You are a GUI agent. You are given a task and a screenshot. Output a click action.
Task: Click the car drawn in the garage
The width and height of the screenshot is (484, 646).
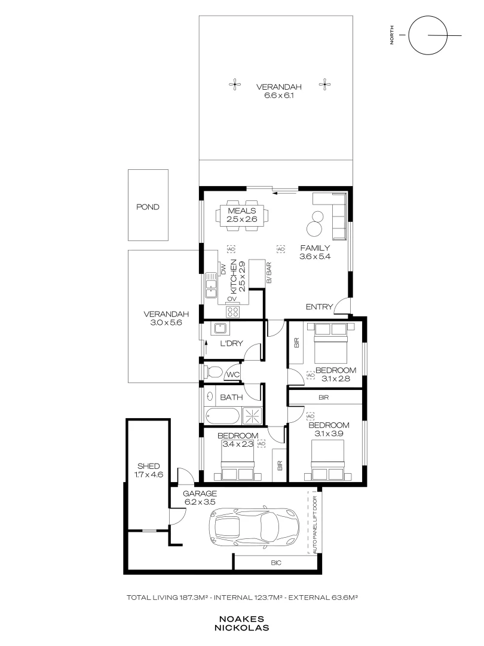(254, 528)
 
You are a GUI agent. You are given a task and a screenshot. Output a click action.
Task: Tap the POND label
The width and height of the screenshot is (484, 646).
(148, 207)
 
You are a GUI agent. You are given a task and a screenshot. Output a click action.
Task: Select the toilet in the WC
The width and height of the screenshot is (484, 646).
(212, 371)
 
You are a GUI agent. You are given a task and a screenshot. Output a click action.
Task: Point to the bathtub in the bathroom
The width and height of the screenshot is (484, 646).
(222, 416)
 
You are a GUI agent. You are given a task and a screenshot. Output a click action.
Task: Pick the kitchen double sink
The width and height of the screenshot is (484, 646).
(211, 285)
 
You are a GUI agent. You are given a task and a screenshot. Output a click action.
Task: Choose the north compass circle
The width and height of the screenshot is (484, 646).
(428, 35)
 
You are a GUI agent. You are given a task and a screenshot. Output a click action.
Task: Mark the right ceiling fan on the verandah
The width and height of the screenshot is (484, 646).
(324, 84)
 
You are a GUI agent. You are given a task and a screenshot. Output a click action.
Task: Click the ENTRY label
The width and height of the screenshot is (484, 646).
(319, 307)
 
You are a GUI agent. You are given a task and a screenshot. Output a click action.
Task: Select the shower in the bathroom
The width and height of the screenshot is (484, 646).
(251, 416)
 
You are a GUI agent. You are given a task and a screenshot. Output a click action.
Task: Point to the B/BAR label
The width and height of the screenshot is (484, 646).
(269, 272)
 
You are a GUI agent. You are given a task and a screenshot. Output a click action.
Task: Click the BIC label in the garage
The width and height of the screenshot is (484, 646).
(276, 563)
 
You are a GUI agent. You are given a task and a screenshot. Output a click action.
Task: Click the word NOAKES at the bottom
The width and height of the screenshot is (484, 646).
(241, 619)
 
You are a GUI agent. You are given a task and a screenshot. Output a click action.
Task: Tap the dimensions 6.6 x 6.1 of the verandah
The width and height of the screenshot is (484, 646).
(278, 96)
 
